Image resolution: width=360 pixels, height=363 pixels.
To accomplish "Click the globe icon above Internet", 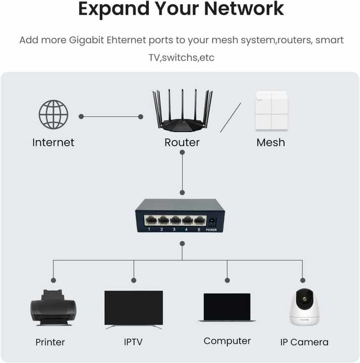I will pyautogui.click(x=53, y=114).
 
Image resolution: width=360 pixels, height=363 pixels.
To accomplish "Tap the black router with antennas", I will pyautogui.click(x=183, y=113).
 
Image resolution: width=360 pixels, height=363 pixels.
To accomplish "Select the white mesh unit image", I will pyautogui.click(x=271, y=111).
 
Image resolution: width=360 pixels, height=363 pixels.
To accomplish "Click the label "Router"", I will pyautogui.click(x=182, y=143).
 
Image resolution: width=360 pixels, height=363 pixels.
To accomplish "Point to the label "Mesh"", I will pyautogui.click(x=271, y=143).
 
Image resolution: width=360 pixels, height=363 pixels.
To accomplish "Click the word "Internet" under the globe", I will pyautogui.click(x=53, y=143).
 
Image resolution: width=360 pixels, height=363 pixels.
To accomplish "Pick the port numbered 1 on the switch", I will pyautogui.click(x=150, y=220).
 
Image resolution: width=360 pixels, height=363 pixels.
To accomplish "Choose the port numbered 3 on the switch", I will pyautogui.click(x=175, y=220).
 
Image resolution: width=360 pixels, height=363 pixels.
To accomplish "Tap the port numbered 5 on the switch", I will pyautogui.click(x=200, y=220).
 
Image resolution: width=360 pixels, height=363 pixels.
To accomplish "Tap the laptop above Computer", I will pyautogui.click(x=227, y=308).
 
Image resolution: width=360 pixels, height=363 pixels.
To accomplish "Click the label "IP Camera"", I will pyautogui.click(x=304, y=342).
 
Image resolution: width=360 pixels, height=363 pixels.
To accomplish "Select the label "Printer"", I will pyautogui.click(x=50, y=342).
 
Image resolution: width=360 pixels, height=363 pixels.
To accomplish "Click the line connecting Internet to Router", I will pyautogui.click(x=111, y=116).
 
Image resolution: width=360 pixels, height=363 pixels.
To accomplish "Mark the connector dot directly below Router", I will pyautogui.click(x=182, y=193).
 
